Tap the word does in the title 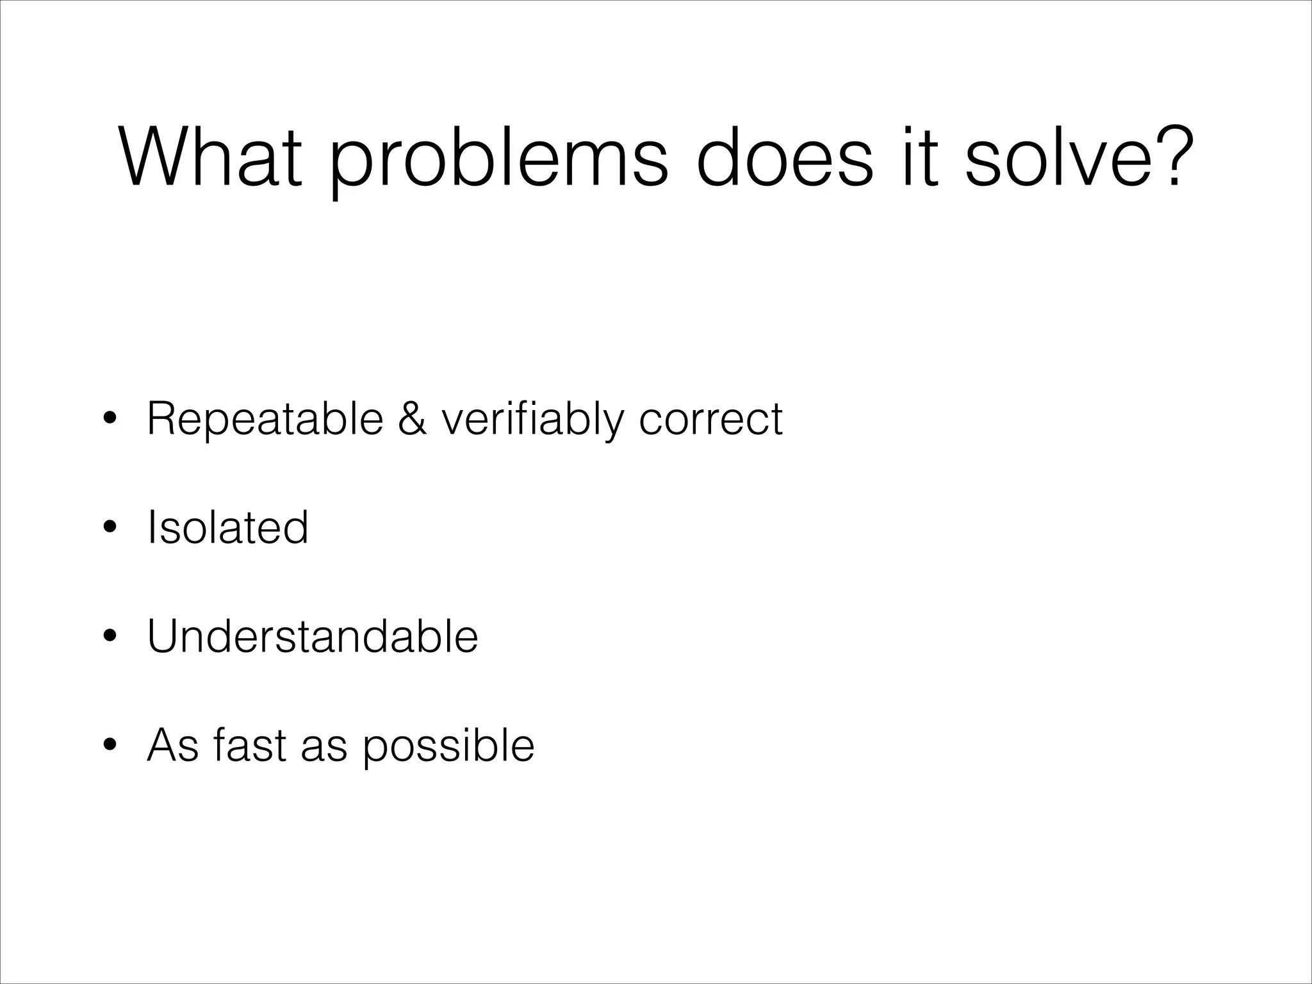(784, 157)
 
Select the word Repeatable (265, 420)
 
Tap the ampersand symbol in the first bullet (412, 419)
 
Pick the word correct (710, 420)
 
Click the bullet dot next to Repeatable (110, 420)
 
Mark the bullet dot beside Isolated (110, 528)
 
